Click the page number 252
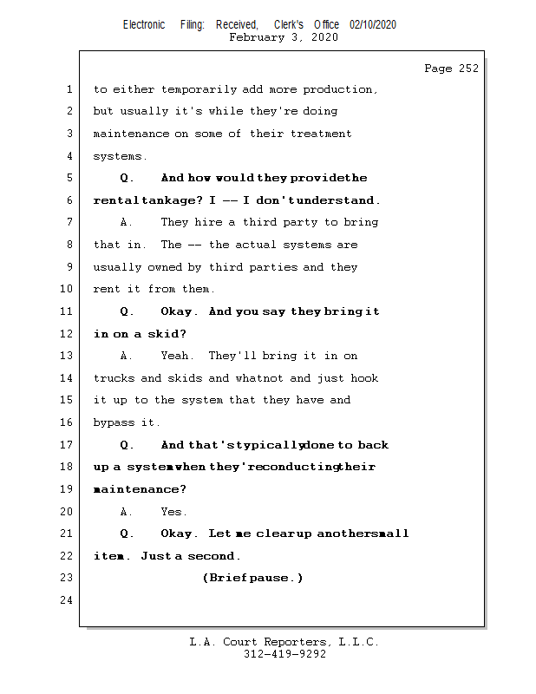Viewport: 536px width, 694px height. click(467, 69)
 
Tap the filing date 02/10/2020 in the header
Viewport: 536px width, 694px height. click(373, 25)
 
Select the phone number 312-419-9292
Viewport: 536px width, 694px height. click(284, 655)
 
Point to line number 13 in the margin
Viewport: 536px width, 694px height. click(67, 356)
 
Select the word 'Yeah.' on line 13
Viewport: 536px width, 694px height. click(178, 356)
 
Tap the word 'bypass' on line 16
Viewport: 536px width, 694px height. click(114, 422)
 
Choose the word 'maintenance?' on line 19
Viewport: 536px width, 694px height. click(140, 489)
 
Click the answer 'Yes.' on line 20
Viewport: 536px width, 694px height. click(173, 512)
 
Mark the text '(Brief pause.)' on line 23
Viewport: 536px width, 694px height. click(252, 579)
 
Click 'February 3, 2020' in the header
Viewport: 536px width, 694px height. click(284, 37)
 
